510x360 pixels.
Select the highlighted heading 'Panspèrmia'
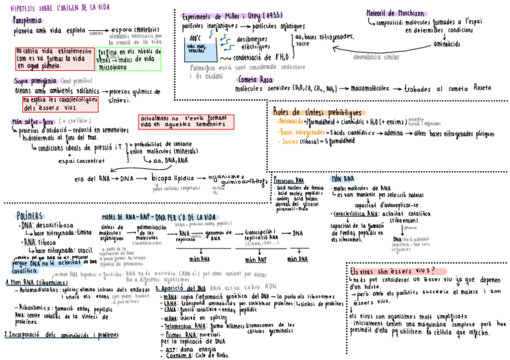pos(29,20)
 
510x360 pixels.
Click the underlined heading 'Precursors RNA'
pos(289,180)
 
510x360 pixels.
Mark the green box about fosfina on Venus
pos(129,59)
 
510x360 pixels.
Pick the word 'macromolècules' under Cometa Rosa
pos(369,88)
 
